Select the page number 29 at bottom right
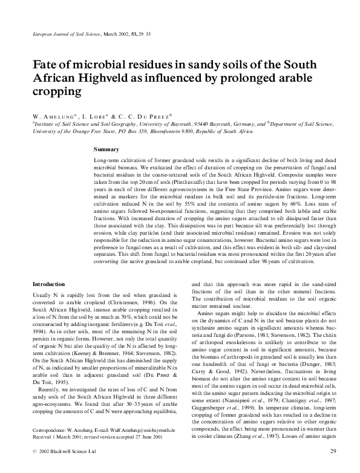333,451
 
